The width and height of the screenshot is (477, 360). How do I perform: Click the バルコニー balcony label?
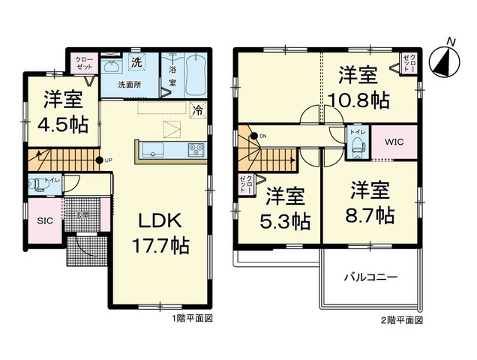coord(370,277)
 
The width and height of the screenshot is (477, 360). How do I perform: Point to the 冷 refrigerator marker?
coord(197,109)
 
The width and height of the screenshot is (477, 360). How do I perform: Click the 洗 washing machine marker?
coord(137,59)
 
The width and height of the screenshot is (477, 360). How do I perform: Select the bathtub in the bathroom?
coord(196,70)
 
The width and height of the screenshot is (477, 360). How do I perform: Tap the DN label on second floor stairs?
coord(263,136)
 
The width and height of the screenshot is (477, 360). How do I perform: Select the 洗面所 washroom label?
coord(130,85)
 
